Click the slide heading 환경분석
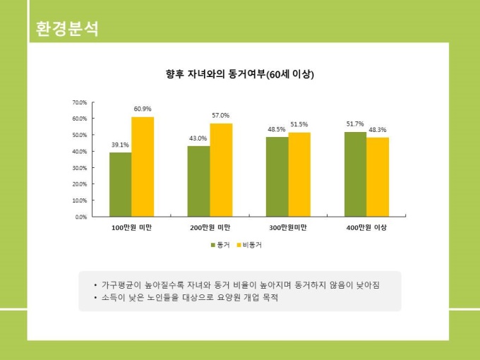tap(66, 29)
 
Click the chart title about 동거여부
tap(239, 74)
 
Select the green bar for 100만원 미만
tap(120, 184)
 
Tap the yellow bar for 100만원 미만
tap(143, 167)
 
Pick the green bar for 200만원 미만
tap(198, 181)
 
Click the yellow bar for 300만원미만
tap(299, 174)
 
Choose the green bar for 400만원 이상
tap(355, 174)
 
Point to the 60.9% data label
tap(142, 109)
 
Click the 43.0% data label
tap(198, 138)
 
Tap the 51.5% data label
tap(299, 124)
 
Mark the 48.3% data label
tap(378, 129)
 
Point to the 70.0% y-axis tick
tap(80, 102)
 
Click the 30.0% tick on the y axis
tap(80, 168)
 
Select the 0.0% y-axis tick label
tap(81, 217)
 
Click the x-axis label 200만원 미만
tap(210, 228)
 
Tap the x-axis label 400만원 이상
tap(366, 228)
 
